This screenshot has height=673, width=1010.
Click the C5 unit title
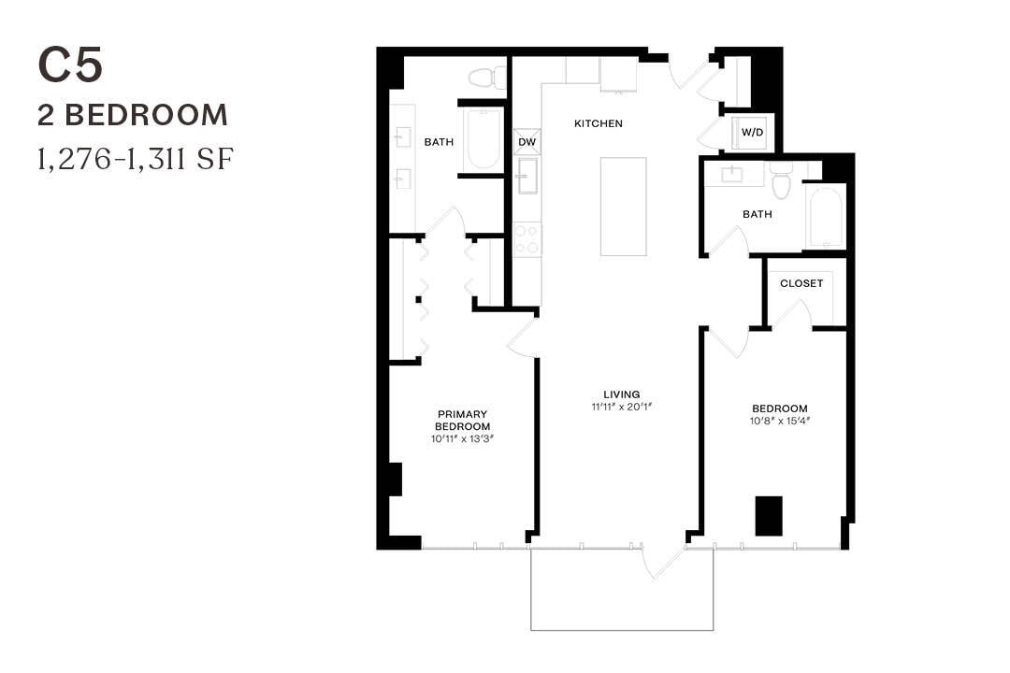(70, 66)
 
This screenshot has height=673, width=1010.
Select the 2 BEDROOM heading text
(133, 115)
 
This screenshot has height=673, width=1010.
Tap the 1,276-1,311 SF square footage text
(134, 160)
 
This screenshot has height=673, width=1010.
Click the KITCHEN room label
(599, 123)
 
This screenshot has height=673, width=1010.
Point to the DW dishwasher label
(527, 142)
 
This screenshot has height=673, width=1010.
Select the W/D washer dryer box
(753, 133)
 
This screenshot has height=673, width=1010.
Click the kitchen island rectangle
(623, 207)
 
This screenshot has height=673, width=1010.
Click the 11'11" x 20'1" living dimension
(621, 407)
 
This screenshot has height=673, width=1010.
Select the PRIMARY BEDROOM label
(463, 420)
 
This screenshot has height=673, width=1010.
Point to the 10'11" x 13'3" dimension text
(463, 437)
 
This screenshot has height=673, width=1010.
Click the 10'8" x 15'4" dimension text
(780, 421)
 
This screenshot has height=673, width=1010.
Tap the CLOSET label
(801, 283)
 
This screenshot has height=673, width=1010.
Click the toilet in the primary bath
(484, 77)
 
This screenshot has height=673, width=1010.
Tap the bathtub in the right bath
(826, 218)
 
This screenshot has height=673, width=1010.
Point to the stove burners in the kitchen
(527, 238)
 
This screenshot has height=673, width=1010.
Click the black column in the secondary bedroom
(769, 516)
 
